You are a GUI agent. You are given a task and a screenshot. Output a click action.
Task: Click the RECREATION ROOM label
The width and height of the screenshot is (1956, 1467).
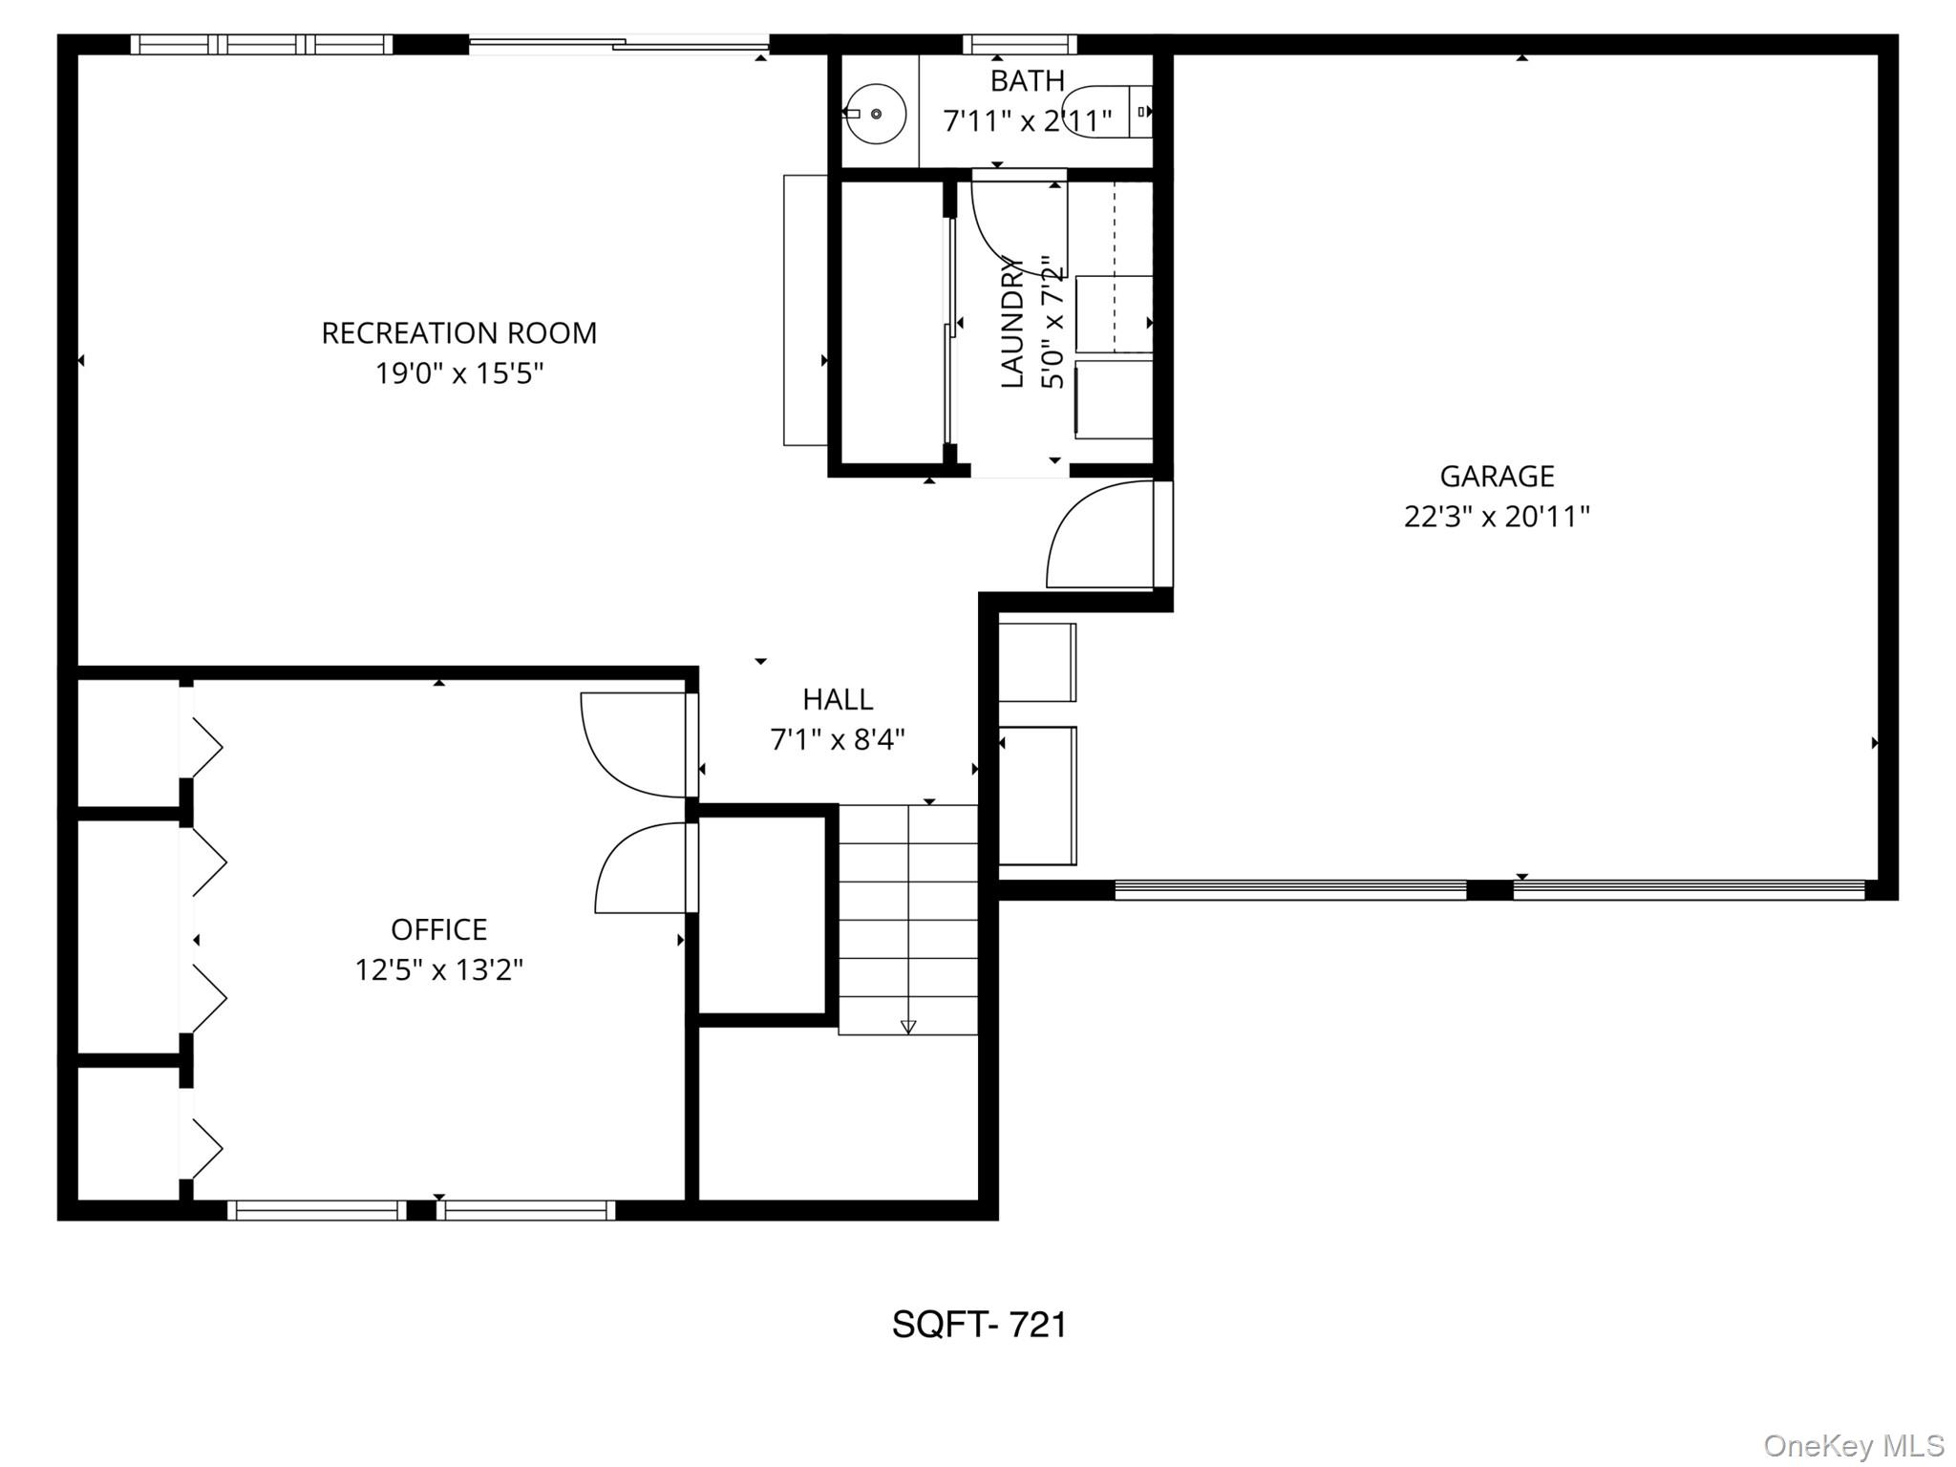point(458,333)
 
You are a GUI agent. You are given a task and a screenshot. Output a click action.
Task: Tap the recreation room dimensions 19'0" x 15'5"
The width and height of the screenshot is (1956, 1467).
point(458,373)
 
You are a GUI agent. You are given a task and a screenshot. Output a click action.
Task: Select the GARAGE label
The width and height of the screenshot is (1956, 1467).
point(1497,476)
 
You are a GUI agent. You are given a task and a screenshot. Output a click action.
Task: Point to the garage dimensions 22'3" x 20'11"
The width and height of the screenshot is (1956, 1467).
point(1497,517)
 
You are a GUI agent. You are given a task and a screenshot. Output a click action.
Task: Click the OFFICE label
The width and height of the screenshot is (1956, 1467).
point(438,929)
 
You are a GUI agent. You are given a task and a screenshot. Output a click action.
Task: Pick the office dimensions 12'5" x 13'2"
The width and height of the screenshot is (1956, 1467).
point(438,970)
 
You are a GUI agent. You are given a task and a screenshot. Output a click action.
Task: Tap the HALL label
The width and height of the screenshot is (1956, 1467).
point(838,699)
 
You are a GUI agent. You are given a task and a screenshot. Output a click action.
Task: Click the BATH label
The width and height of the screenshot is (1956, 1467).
point(1027,81)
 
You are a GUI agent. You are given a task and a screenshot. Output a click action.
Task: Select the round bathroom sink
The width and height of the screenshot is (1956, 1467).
point(876,114)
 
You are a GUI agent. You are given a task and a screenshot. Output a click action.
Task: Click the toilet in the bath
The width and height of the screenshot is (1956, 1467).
point(1108,113)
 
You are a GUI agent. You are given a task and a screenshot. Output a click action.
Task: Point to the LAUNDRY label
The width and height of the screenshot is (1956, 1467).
point(1012,325)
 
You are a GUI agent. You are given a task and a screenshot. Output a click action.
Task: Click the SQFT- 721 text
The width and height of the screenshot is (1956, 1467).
point(979,1325)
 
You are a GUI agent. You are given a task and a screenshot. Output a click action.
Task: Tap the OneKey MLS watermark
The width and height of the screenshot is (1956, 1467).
point(1853,1446)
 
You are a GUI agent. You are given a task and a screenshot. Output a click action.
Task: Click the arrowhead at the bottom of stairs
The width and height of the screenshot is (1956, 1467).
point(908,1027)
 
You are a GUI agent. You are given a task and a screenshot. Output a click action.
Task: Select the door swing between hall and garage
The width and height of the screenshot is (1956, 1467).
point(1098,535)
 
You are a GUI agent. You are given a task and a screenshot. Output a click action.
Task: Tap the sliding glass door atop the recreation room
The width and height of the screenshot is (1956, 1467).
point(619,43)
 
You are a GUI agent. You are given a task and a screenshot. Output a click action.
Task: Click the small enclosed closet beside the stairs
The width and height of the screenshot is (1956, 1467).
point(762,915)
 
